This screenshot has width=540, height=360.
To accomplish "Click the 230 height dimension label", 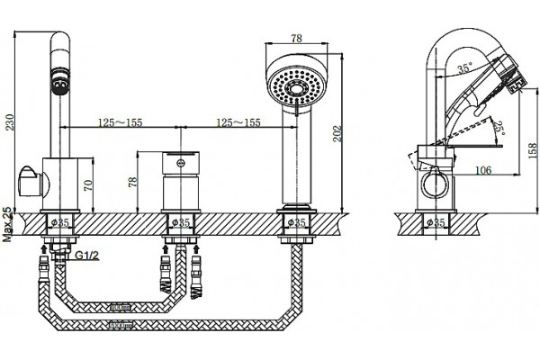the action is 10,122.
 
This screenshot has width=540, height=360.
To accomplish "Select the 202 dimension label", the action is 337,133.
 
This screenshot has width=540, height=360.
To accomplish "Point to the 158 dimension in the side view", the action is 532,150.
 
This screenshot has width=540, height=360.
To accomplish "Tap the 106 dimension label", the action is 483,170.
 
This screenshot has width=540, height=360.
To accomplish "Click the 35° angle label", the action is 465,68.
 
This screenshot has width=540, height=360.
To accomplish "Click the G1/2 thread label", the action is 87,256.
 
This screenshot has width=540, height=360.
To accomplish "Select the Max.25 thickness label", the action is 7,224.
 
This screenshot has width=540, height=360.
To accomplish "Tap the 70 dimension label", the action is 88,185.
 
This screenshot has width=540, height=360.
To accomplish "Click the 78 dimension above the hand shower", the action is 296,38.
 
